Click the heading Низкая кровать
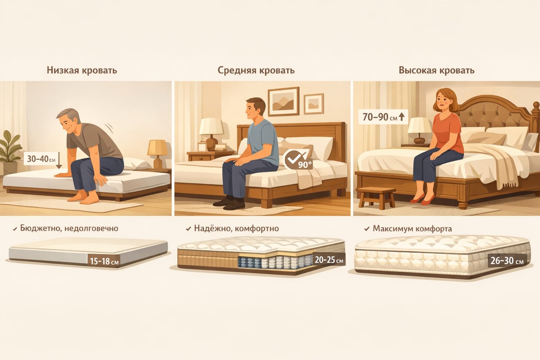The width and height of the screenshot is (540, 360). point(82,70)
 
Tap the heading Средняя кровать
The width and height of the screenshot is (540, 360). point(256,70)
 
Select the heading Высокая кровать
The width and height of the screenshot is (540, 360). point(436,70)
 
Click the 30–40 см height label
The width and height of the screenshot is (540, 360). point(41,159)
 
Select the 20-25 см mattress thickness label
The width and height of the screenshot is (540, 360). point(329,260)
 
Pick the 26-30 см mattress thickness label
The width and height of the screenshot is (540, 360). point(507,261)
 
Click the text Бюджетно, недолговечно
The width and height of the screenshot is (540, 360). point(69,228)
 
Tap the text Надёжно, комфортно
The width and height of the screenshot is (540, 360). point(236,228)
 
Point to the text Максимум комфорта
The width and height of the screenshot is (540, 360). point(412,228)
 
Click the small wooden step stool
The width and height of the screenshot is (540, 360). point(376,198)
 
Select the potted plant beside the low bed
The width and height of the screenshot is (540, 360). point(9,153)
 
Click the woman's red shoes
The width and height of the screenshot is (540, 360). point(423,199)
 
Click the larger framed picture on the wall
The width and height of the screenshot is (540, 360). point(283,101)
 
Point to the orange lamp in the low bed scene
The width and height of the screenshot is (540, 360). point(157,153)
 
